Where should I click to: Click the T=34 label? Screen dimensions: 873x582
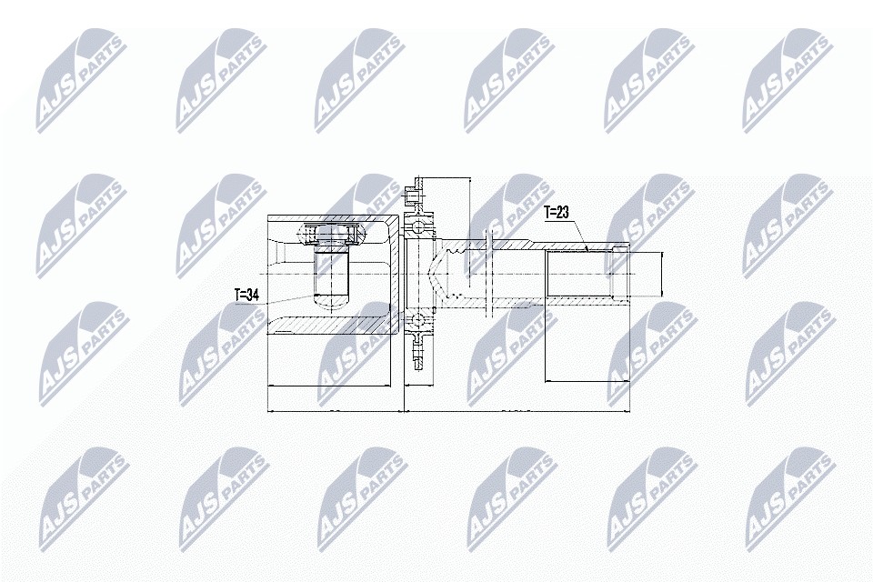pyautogui.click(x=246, y=296)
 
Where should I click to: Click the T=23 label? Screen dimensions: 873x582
pyautogui.click(x=557, y=214)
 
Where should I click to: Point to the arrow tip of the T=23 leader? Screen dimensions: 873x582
pyautogui.click(x=588, y=250)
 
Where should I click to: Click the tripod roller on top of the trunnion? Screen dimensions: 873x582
pyautogui.click(x=331, y=234)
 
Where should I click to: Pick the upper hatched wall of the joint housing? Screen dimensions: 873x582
pyautogui.click(x=334, y=219)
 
